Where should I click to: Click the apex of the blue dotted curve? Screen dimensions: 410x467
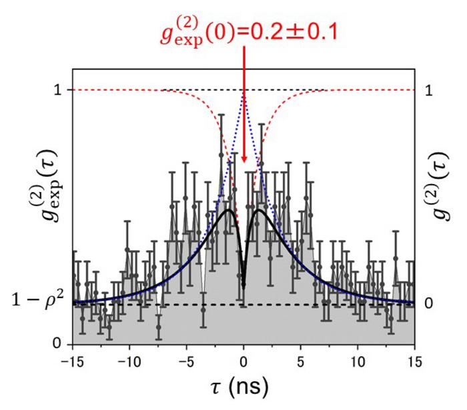(244, 91)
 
